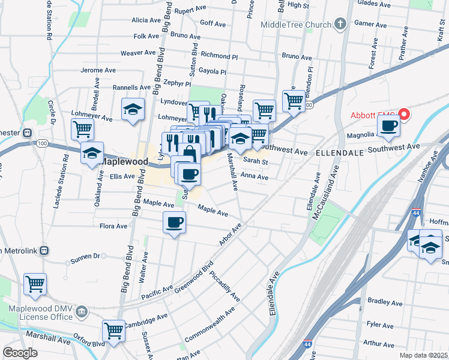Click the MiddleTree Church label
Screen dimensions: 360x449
[x=296, y=25]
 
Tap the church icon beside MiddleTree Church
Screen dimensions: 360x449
[x=340, y=25]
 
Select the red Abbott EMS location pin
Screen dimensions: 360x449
[x=404, y=113]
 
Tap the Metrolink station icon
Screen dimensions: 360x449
[x=44, y=251]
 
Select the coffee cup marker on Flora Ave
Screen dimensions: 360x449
[x=174, y=223]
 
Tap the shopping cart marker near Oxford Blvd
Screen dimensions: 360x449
[x=113, y=331]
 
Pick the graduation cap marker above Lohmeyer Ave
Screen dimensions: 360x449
[x=133, y=109]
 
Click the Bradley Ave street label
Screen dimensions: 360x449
[x=380, y=301]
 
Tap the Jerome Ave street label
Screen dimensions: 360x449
[x=98, y=70]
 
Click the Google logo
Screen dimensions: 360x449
[x=20, y=353]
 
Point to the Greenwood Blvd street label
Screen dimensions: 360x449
[x=194, y=275]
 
